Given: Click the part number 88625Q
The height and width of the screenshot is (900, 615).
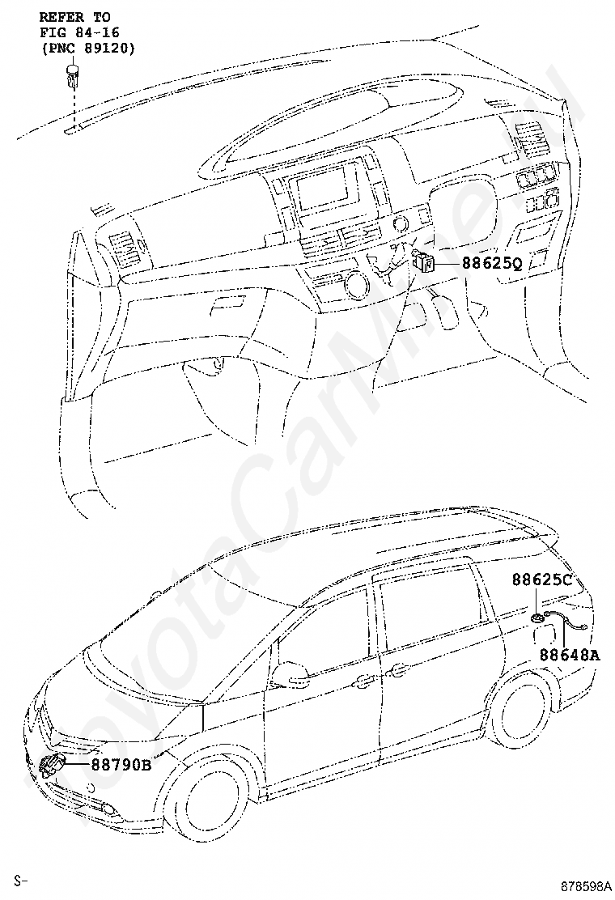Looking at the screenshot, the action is (493, 262).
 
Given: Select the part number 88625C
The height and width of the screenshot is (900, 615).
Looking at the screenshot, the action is (541, 580).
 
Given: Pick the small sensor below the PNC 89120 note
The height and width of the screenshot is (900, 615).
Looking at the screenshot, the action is (71, 79).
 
